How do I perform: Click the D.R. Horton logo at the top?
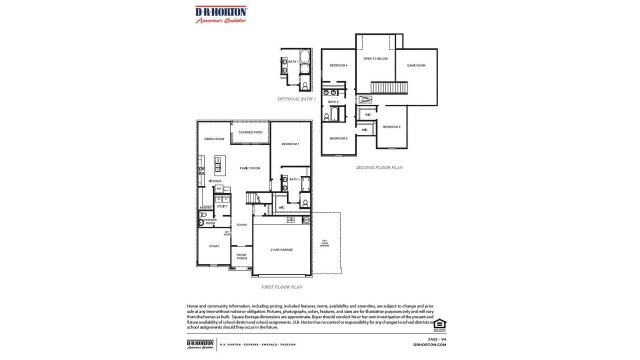[220, 14]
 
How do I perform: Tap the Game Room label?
[416, 65]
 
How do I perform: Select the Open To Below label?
[375, 58]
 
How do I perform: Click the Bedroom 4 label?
[338, 65]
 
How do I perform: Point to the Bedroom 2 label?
[391, 127]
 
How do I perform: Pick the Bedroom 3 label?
[338, 138]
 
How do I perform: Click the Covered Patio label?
[250, 132]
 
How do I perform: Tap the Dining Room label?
[214, 139]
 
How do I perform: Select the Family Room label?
[250, 168]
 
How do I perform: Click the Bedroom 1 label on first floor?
[290, 144]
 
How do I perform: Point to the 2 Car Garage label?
[281, 249]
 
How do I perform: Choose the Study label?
[214, 246]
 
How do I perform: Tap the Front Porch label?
[242, 256]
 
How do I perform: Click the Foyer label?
[241, 225]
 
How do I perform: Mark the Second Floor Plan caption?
[379, 167]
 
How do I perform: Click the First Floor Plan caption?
[281, 287]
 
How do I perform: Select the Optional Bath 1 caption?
[296, 99]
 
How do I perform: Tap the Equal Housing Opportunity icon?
[439, 324]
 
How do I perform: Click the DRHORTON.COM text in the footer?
[429, 344]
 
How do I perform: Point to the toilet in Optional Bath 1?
[304, 85]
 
